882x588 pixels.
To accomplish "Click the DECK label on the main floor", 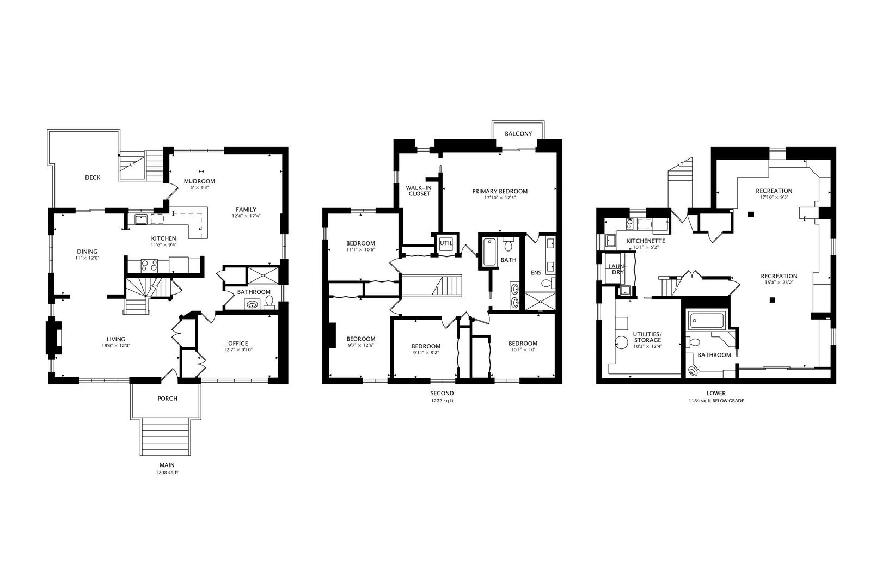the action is [93, 177].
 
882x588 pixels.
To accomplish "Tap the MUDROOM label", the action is [200, 181].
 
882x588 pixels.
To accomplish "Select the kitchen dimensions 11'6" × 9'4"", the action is [164, 244].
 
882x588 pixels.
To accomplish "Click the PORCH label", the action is [167, 399].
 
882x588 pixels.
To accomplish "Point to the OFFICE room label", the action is [238, 344].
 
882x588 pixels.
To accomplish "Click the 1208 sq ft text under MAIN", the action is [167, 473].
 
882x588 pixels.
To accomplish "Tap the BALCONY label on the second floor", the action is [518, 134].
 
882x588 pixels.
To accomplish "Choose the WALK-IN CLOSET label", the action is [419, 191].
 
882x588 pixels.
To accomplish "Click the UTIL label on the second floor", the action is [446, 243].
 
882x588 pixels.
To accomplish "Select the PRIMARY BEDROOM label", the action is [500, 192].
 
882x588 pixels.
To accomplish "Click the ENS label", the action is [536, 273].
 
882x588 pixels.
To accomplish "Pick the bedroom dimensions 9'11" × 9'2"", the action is [426, 353].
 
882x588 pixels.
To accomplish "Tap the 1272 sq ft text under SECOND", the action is [442, 401].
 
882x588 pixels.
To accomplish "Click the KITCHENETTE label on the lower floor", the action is [646, 241].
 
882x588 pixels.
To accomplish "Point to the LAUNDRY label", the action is [617, 269].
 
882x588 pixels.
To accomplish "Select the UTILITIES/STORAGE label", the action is [647, 337].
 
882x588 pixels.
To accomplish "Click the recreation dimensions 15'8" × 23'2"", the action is [779, 283].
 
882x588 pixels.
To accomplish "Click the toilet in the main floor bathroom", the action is [269, 302].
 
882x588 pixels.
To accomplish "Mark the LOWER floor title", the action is [716, 393].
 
